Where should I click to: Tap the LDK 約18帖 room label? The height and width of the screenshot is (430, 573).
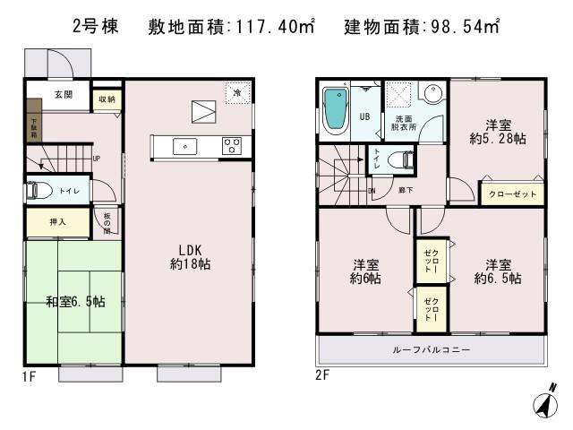point(190,256)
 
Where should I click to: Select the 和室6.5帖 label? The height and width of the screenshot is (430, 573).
point(75,302)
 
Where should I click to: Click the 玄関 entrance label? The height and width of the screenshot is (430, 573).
point(63,96)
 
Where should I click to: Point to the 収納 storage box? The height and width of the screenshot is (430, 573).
point(107,99)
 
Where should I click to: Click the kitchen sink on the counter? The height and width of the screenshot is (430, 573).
point(185,145)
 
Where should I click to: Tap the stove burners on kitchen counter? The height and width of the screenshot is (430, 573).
point(231,145)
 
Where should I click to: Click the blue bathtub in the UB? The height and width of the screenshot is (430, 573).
point(336,111)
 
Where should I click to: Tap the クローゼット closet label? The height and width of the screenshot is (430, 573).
point(513,193)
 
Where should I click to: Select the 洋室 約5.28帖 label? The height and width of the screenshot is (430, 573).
point(497,132)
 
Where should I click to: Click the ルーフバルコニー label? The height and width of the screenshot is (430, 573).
point(431,348)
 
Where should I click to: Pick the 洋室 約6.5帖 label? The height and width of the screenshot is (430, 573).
point(498,271)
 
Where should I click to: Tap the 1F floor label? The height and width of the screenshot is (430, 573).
point(30,375)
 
